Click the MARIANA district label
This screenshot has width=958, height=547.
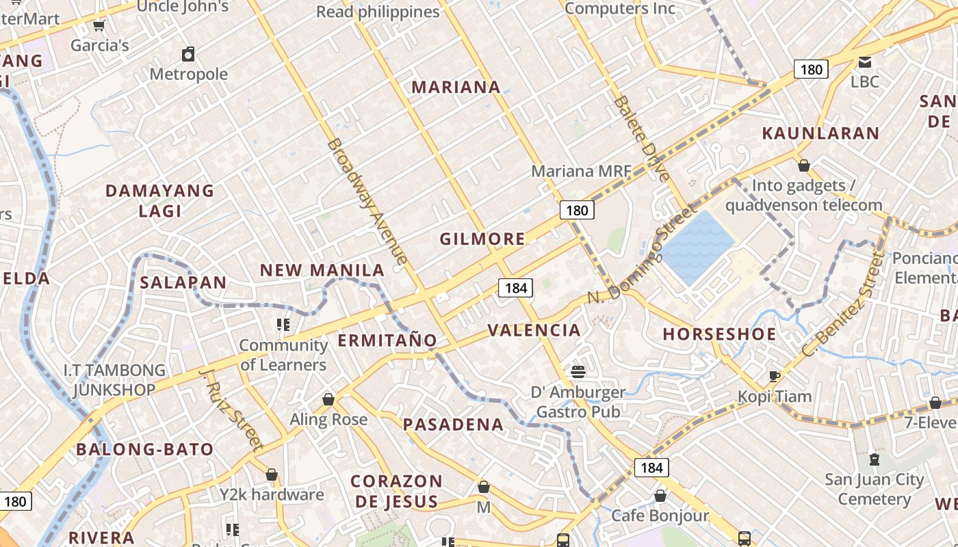click(x=456, y=87)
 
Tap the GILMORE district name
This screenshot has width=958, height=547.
click(x=482, y=239)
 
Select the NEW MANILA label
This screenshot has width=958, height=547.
click(x=322, y=270)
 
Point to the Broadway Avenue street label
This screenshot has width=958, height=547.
click(x=367, y=201)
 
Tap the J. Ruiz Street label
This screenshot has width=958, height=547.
click(x=232, y=410)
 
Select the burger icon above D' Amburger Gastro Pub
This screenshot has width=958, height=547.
click(x=578, y=372)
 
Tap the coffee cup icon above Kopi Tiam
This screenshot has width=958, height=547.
click(x=775, y=376)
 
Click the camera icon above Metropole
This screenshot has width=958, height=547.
click(x=188, y=54)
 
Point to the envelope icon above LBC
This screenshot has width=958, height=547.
click(x=865, y=62)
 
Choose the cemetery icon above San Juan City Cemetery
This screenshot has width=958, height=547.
click(x=874, y=459)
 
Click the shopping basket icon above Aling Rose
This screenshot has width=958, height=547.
click(x=328, y=399)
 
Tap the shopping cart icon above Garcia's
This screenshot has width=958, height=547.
click(x=99, y=26)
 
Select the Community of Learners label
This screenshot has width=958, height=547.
click(x=283, y=355)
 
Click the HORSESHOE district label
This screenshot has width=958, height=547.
click(x=720, y=334)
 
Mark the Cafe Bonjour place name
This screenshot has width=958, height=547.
click(x=660, y=516)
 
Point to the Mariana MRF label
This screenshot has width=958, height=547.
click(x=581, y=171)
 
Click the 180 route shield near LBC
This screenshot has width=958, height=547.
click(x=811, y=69)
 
